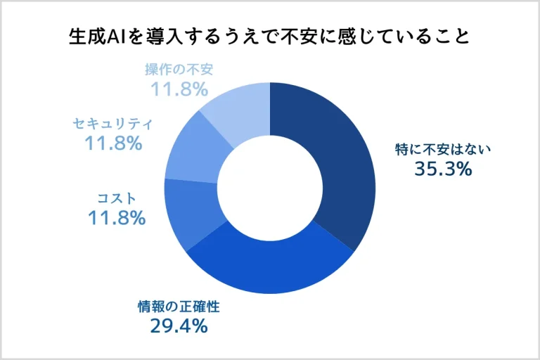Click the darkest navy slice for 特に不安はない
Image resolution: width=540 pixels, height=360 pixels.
(337, 162)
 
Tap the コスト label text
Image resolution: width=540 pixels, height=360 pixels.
(116, 198)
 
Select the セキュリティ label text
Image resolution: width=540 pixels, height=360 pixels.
(113, 124)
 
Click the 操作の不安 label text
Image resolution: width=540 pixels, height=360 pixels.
(179, 70)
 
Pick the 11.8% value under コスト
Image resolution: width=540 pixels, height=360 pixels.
(117, 217)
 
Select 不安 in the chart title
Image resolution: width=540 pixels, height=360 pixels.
(301, 37)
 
